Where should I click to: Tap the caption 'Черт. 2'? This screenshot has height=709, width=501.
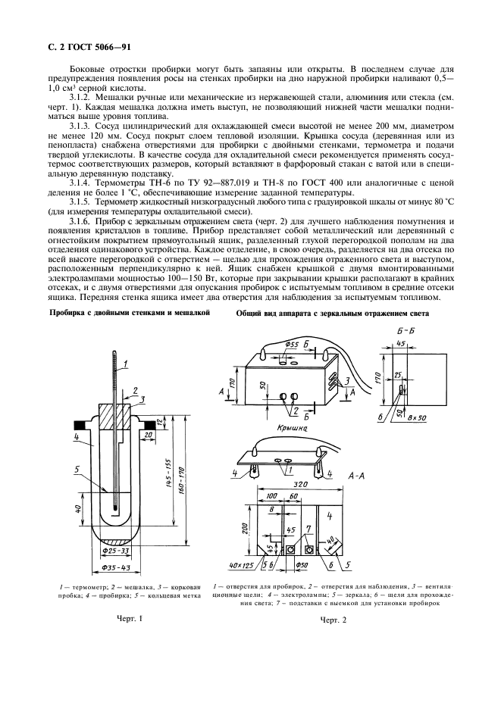click(332, 621)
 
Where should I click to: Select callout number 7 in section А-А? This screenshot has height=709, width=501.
click(308, 527)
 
